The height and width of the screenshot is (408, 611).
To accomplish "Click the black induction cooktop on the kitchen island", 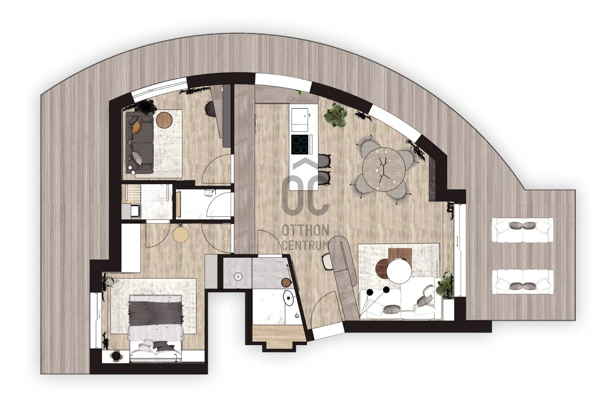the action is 300,144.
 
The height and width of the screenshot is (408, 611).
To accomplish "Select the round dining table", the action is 383,169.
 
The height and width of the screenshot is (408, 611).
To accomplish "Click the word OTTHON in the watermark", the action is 305,231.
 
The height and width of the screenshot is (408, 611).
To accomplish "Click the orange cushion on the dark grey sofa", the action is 137,127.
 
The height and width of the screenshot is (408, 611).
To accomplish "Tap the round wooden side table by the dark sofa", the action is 164,120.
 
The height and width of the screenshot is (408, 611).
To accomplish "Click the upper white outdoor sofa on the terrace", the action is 522,230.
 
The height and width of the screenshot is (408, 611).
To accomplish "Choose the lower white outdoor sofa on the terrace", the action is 522,282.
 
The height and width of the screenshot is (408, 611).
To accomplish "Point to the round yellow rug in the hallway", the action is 181,235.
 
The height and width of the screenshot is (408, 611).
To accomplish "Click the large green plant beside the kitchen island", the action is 335,115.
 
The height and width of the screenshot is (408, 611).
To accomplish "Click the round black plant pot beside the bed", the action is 116,356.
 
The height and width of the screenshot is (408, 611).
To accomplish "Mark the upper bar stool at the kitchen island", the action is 324,161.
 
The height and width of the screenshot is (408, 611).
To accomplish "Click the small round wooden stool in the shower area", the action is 286,282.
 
